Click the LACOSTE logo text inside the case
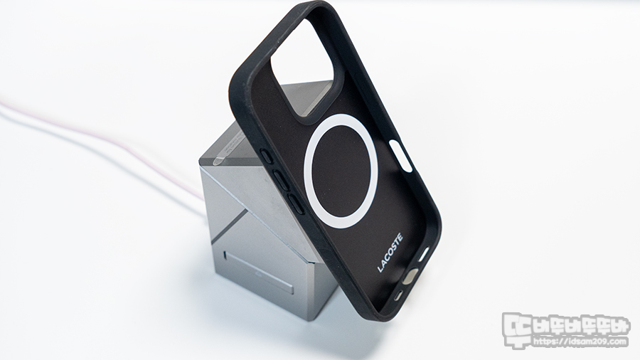(390, 253)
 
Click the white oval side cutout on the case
(400, 156)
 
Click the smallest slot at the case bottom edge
(398, 296)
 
